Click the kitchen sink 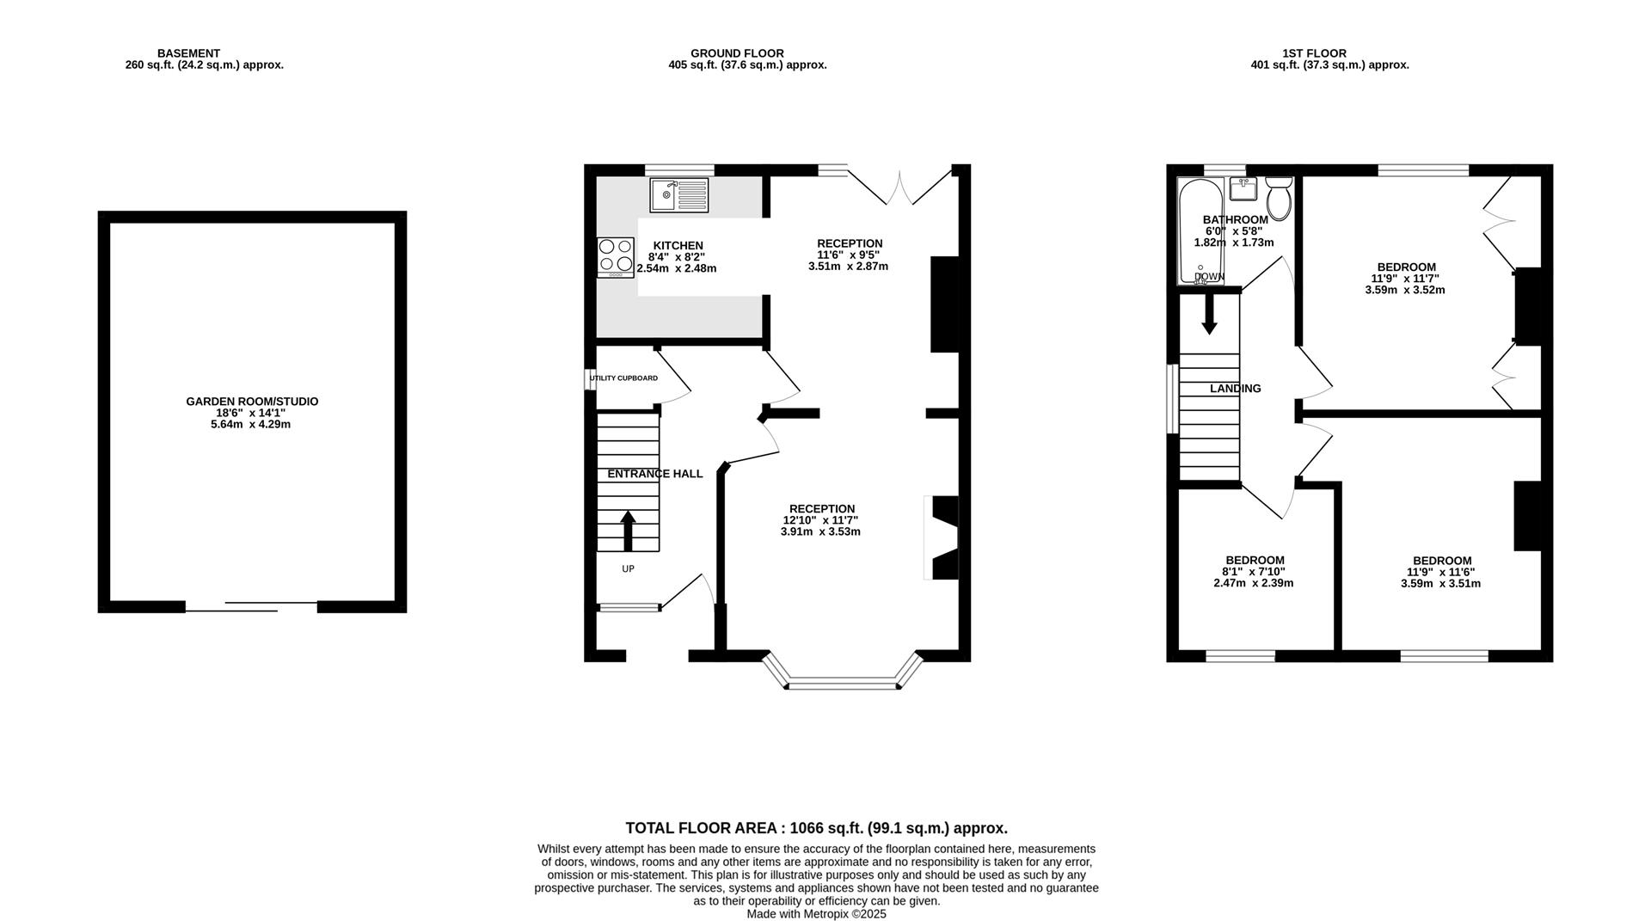679,195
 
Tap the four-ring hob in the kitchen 616,257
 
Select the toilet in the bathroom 1280,199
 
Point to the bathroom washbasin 1243,187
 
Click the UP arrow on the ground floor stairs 628,531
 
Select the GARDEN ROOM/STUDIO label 252,402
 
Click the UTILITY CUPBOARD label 624,378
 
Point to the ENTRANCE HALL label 655,474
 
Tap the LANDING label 1236,389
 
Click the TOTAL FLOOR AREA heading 816,828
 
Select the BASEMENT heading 188,53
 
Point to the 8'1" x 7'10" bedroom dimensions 1254,572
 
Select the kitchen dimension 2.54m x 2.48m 677,268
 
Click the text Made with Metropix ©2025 816,914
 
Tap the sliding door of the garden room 251,606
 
